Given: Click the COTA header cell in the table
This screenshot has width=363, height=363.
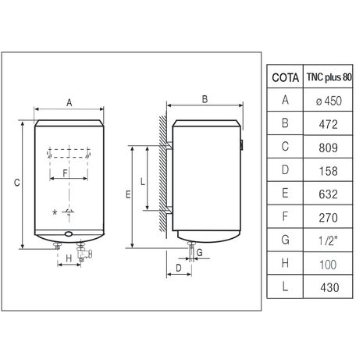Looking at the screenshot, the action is (285, 77).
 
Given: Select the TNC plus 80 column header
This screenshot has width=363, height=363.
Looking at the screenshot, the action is (329, 77).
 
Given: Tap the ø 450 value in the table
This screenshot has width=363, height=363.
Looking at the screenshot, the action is (329, 101).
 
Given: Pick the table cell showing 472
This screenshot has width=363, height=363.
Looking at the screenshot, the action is (329, 124).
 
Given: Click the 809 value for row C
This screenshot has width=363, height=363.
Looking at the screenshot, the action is (329, 148).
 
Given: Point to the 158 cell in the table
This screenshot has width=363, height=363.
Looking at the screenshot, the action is (329, 171).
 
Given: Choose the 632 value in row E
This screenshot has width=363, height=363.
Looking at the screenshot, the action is (329, 194).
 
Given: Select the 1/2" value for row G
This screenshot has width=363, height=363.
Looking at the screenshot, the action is (328, 240).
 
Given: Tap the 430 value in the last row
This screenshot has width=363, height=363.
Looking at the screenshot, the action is (329, 287).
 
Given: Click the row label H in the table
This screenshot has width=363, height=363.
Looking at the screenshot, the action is (285, 263).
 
